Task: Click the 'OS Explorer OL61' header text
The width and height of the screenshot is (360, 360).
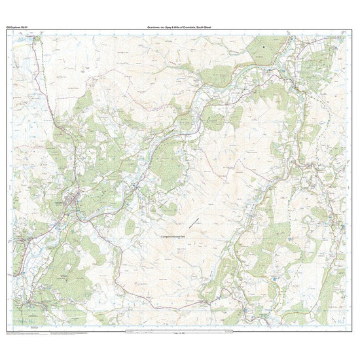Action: pos(16,27)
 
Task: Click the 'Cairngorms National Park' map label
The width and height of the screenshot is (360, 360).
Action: pos(179,236)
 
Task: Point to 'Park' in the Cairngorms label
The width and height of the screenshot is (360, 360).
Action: pos(192,236)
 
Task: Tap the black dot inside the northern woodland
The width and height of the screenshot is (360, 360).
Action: pos(262,47)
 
